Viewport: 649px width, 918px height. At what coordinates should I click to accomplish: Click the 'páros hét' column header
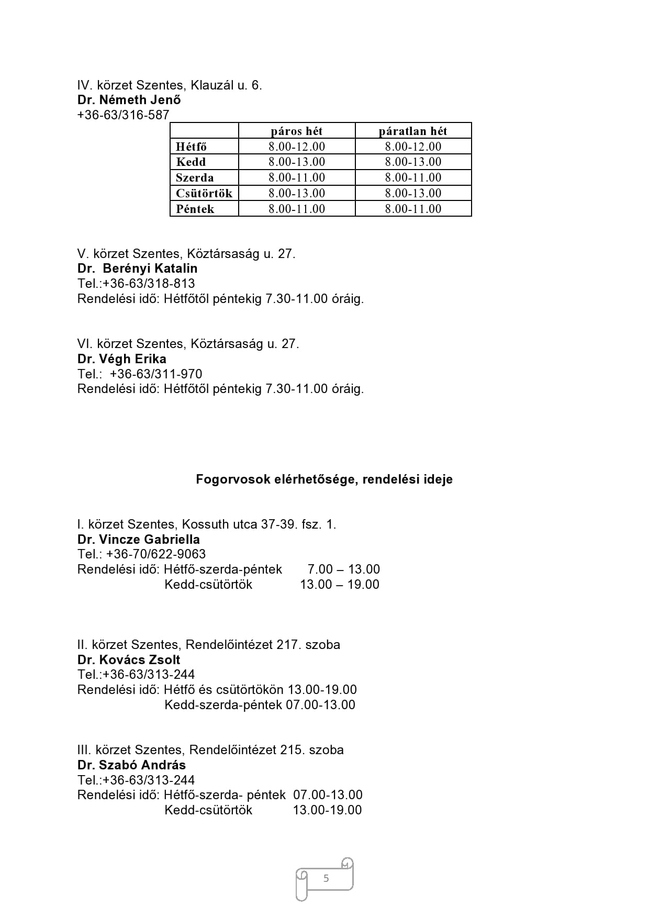click(297, 131)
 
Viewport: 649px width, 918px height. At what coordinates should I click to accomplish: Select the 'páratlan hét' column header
click(413, 131)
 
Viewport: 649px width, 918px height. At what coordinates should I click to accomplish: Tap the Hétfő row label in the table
click(192, 147)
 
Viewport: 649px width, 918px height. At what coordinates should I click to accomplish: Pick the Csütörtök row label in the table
click(204, 193)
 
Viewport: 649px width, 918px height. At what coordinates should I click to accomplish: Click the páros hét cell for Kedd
click(297, 162)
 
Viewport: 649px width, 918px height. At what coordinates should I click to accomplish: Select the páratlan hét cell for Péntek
click(413, 209)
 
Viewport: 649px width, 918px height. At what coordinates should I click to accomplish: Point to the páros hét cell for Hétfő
click(297, 147)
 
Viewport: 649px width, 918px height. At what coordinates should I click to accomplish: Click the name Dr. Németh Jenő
click(129, 100)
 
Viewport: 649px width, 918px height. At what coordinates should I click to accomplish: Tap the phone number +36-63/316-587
click(124, 115)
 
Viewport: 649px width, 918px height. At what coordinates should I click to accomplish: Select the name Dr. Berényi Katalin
click(137, 268)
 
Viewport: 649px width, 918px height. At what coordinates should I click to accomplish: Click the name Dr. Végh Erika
click(122, 359)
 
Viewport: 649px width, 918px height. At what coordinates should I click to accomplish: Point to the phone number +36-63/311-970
click(156, 374)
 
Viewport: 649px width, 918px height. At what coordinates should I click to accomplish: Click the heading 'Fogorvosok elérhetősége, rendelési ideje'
click(324, 479)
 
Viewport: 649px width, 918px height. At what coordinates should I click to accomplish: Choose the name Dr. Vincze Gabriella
click(139, 540)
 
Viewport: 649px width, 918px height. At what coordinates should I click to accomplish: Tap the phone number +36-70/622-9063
click(156, 554)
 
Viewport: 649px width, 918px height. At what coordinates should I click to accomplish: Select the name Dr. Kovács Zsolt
click(129, 660)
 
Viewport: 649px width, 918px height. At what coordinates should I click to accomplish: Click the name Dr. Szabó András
click(131, 765)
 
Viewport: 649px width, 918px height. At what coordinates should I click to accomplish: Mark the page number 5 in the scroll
click(326, 878)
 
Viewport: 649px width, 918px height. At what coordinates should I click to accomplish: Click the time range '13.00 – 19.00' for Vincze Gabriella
click(340, 585)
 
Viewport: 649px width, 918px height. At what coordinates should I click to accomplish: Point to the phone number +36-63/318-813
click(149, 284)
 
